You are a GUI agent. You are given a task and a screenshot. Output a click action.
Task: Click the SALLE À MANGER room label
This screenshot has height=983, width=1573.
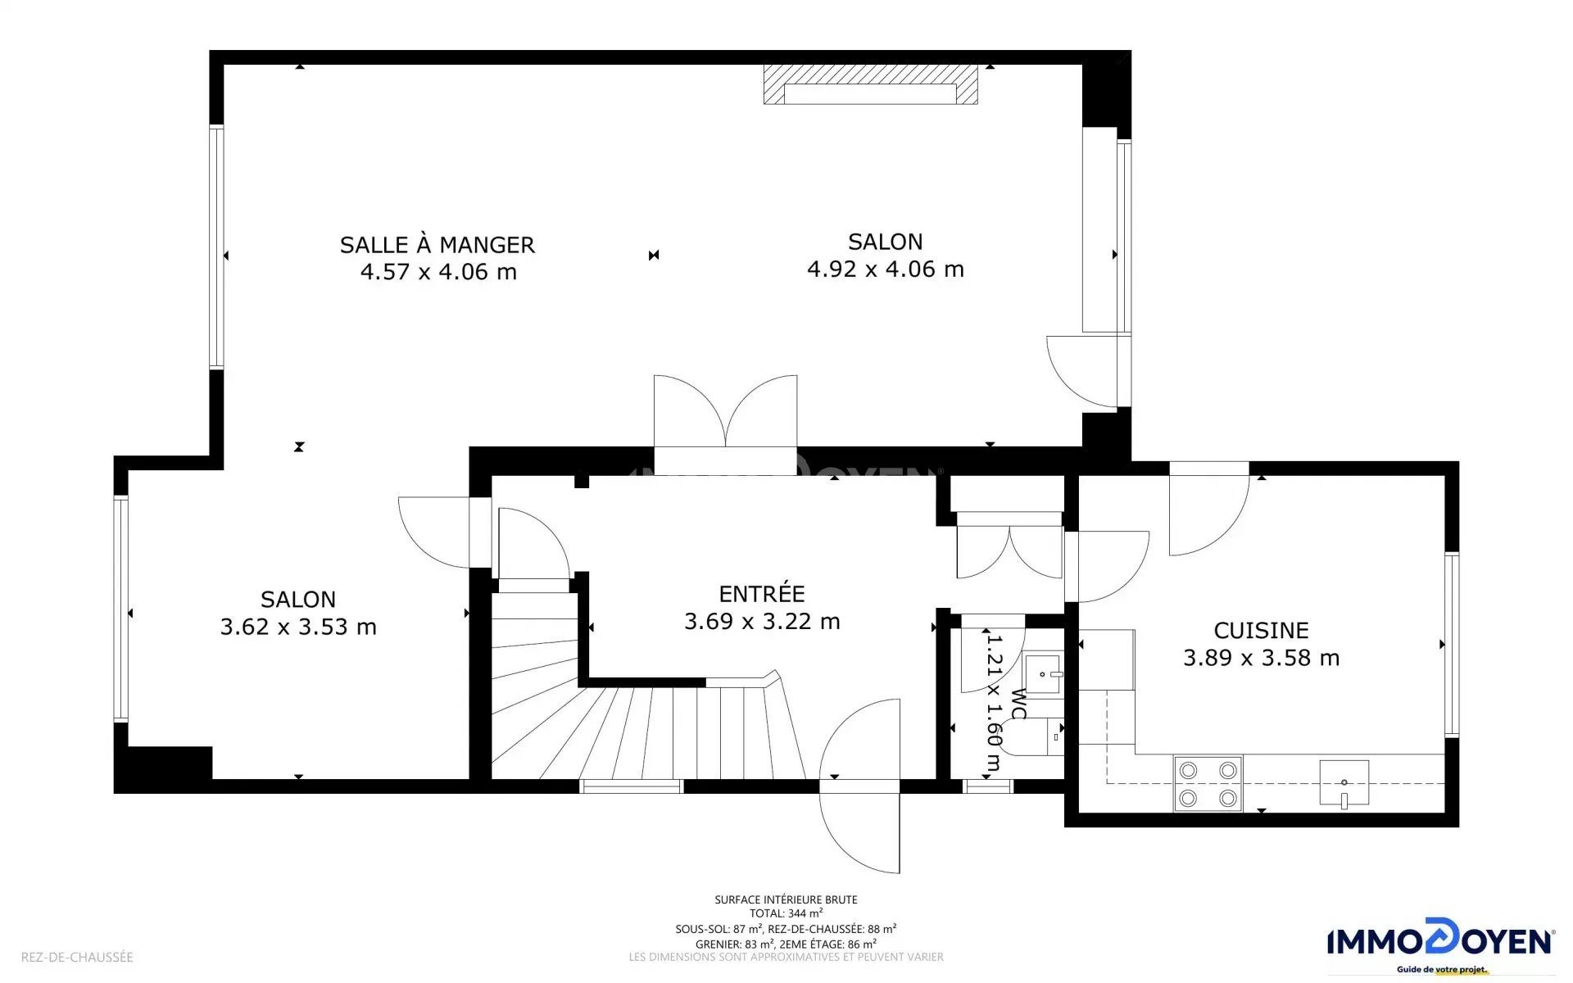point(437,244)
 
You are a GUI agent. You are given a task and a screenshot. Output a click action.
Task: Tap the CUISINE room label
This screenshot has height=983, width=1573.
point(1261,630)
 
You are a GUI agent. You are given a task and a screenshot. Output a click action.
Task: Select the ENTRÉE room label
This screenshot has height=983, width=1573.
point(762,593)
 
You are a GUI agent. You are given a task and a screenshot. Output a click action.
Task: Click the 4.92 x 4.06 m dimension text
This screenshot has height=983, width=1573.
point(886,269)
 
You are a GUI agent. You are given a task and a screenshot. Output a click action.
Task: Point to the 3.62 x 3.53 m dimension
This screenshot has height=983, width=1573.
point(298,627)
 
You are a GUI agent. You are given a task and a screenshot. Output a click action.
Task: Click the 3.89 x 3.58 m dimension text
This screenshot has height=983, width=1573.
point(1261,658)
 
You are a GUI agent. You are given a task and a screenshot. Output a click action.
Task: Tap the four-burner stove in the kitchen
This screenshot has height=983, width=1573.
point(1208,784)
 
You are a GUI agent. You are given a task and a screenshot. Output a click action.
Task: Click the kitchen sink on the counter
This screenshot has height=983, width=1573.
point(1344,783)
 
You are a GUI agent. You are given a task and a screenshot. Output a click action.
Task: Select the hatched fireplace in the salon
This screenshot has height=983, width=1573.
point(870,84)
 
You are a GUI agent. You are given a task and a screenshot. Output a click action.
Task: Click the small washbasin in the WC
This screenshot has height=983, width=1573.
point(1043,674)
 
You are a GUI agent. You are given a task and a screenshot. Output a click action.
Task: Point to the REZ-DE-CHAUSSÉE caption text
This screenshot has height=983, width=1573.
point(77,957)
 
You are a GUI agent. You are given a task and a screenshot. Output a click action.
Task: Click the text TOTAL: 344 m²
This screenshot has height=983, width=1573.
point(786,913)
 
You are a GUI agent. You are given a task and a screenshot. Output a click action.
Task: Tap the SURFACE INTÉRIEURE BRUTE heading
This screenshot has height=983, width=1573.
point(786,899)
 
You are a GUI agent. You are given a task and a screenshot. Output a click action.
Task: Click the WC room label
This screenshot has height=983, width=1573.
point(1018,704)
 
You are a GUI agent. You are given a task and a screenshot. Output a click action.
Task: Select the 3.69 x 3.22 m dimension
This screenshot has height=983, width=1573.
point(762,622)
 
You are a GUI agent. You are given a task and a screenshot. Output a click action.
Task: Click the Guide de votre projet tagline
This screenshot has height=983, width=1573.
point(1441,970)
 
